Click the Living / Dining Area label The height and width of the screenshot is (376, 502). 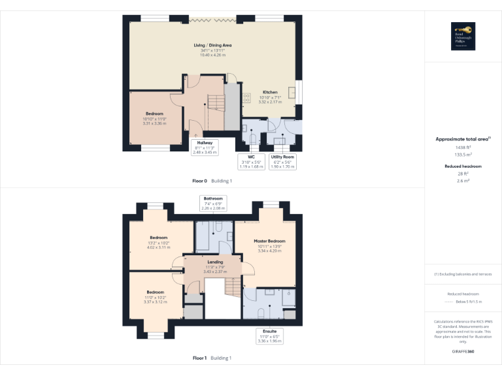(x=212, y=45)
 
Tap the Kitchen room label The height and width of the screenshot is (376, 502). (x=270, y=93)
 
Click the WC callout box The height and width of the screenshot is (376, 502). (x=251, y=162)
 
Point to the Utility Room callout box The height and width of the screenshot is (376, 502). (x=284, y=162)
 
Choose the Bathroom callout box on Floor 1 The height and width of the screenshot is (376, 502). (x=213, y=203)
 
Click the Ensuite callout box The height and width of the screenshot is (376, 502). (x=269, y=336)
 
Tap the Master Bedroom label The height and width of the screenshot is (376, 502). (x=269, y=241)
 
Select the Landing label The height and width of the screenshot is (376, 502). (x=215, y=262)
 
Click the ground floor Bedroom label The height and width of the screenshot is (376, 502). (x=155, y=114)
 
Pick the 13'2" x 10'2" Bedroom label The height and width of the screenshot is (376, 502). (x=158, y=238)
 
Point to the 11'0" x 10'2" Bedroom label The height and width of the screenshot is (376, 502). (x=155, y=292)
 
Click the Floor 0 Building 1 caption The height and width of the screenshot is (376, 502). (x=212, y=180)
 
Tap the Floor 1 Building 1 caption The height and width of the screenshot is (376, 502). (x=212, y=358)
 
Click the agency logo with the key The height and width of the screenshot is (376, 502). (x=463, y=37)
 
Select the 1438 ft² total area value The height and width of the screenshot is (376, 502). (x=463, y=148)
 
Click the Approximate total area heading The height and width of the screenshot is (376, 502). (x=463, y=139)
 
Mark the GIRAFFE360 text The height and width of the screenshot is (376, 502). (x=463, y=351)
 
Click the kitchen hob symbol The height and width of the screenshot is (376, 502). (x=248, y=97)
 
